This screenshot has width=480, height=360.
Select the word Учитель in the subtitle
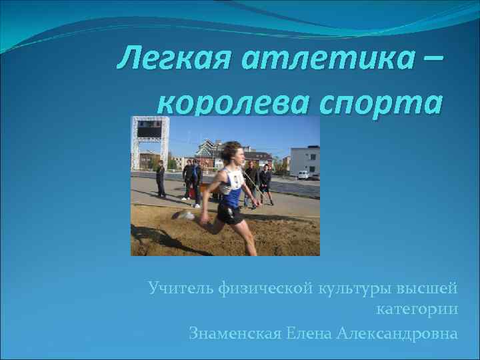coord(181,288)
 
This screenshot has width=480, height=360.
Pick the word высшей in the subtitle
coord(427,288)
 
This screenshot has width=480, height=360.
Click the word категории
coord(417,310)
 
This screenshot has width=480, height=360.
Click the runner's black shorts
coord(230,213)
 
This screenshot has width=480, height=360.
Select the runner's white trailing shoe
coord(184,215)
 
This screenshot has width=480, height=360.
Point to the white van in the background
coord(303,175)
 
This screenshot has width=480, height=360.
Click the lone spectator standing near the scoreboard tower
coord(160,179)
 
